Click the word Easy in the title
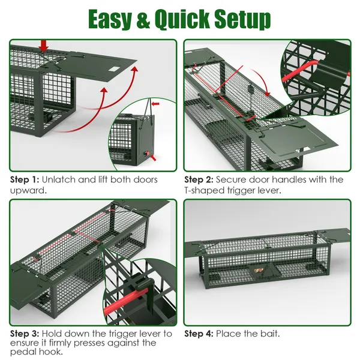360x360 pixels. tap(110, 19)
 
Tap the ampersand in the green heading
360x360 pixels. tap(143, 19)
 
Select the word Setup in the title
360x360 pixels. tap(242, 20)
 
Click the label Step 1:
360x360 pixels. tap(25, 179)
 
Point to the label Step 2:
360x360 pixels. tap(199, 179)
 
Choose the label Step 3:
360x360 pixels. tap(25, 334)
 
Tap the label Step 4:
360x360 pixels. tap(199, 334)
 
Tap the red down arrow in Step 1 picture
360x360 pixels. tap(43, 46)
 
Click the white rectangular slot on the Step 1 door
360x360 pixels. tap(114, 69)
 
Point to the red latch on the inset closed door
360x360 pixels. tap(148, 153)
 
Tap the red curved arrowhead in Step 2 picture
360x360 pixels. tap(267, 94)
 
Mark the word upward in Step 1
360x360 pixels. tap(28, 191)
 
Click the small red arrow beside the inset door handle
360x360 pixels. tap(155, 104)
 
